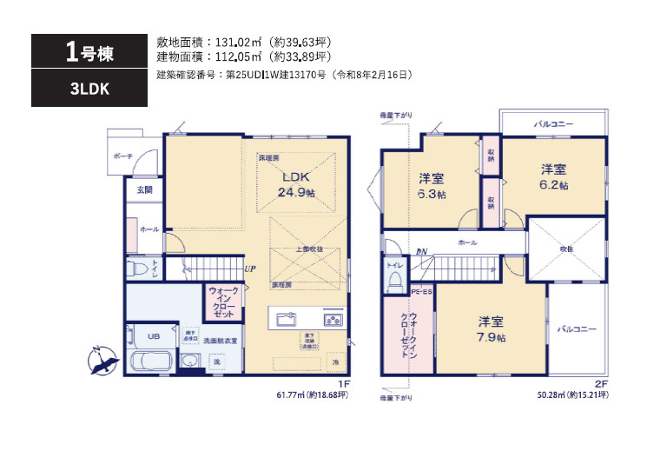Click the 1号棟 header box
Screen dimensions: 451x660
coord(84,51)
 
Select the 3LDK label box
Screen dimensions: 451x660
coord(84,88)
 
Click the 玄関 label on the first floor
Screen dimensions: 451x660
coord(142,189)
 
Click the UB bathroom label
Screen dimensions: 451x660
coord(153,336)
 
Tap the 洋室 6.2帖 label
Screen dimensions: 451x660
coord(554,176)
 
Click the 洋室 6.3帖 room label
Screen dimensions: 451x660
coord(432,186)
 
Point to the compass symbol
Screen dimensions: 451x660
coord(102,359)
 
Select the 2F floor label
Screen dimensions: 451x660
coord(602,383)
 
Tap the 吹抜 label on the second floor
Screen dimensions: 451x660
coord(565,249)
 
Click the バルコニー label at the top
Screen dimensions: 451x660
coord(553,124)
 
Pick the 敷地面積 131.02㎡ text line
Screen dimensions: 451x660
coord(243,41)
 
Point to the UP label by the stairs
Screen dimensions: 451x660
coord(250,269)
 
